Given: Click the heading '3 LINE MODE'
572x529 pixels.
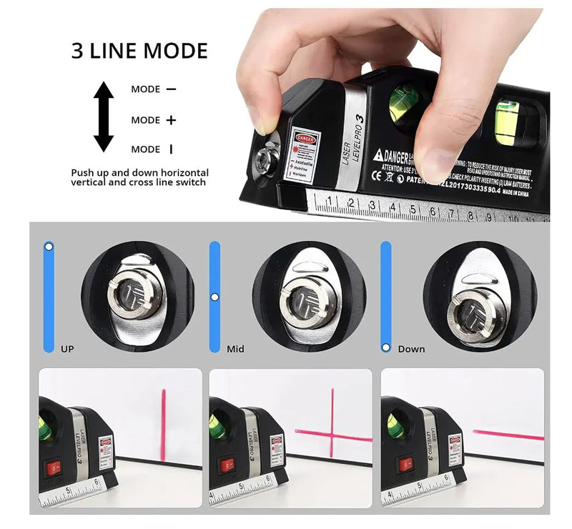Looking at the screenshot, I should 139,51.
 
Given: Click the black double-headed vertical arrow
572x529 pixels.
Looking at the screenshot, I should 104,117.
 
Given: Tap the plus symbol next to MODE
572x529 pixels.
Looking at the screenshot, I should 171,120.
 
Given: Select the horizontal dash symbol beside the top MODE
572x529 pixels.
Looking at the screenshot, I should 171,89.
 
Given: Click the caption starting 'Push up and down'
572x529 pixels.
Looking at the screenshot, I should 139,177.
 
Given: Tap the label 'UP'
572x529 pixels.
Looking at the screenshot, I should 67,349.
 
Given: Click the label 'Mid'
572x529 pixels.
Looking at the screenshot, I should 235,349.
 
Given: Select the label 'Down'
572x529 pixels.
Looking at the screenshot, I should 411,349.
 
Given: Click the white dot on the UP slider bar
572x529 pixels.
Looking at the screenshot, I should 49,247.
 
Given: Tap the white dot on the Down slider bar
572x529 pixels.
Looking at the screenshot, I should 386,347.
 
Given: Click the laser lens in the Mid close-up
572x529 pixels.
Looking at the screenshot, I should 303,302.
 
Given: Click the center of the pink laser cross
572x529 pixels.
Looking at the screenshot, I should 332,432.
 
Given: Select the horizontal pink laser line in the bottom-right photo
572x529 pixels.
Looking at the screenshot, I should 508,434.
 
